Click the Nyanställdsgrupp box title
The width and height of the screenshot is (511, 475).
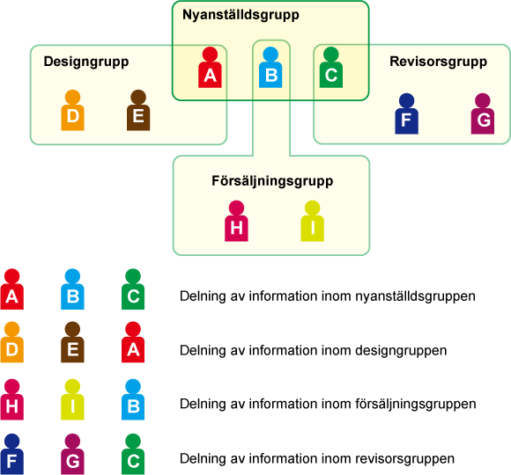coord(241,15)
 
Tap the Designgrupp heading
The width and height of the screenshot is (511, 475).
coord(86,62)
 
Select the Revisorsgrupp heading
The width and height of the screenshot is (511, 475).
coord(439,62)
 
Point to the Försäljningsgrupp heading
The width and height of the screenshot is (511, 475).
coord(272,181)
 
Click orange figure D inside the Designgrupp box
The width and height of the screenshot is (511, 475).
coord(72,110)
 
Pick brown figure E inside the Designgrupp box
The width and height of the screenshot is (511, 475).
coord(138,110)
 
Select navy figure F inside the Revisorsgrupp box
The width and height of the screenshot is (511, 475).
coord(407,113)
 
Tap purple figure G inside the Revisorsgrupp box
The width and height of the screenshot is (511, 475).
coord(483,113)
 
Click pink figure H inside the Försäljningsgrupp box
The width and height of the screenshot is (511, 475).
coord(236,221)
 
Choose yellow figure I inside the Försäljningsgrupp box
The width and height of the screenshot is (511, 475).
coord(312,221)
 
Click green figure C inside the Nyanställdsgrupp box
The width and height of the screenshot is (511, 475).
coord(331,68)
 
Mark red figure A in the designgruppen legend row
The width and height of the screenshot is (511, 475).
coord(133,342)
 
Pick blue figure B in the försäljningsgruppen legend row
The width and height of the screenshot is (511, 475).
coord(133,399)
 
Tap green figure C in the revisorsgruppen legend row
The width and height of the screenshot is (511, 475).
coord(133,454)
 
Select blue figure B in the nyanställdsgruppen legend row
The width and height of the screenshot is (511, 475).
coord(72,289)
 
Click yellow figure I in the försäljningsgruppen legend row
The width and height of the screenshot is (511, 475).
coord(72,399)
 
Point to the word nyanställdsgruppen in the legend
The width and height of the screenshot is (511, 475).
coord(415,296)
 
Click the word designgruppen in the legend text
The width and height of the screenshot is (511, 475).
coord(401,351)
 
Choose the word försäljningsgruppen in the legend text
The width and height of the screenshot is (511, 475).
coord(416,405)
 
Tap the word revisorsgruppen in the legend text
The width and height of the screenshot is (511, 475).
coord(404,459)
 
